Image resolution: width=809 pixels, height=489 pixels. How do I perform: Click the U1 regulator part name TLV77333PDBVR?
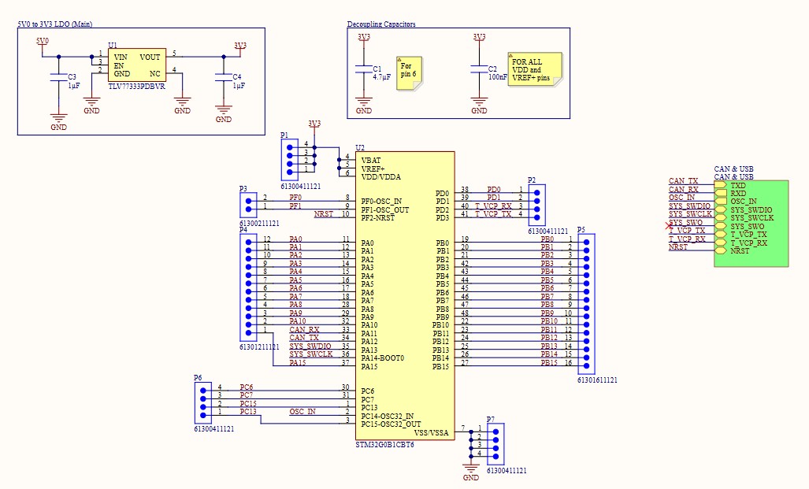click(136, 87)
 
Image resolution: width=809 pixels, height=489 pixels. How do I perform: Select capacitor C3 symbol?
click(58, 77)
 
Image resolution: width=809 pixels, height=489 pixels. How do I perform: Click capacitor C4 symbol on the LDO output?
click(224, 77)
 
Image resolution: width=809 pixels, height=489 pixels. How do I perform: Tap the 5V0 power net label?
click(43, 41)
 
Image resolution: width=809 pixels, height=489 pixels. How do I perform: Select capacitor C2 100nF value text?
click(498, 77)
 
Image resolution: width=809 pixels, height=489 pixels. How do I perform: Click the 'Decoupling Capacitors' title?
click(381, 24)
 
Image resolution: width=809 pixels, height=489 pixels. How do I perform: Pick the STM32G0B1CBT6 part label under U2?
click(384, 445)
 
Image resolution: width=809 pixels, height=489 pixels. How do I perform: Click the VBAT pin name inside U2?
click(372, 160)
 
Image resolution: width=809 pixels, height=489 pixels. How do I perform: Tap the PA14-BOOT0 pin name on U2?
click(383, 358)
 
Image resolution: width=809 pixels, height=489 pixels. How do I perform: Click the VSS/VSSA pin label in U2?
click(432, 432)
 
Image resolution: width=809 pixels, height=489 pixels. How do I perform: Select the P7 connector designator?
click(491, 420)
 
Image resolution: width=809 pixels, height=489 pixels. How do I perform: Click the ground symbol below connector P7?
click(471, 469)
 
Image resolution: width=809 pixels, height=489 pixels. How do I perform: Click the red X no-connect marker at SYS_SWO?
click(668, 227)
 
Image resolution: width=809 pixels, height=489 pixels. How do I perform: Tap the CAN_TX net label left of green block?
click(683, 181)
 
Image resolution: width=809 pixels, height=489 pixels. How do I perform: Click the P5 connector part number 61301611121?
click(597, 380)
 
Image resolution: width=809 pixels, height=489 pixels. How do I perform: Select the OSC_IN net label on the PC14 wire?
click(302, 412)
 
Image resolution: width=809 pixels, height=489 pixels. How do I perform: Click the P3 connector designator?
click(243, 189)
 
